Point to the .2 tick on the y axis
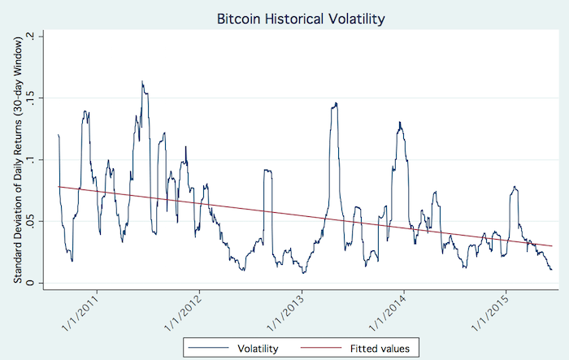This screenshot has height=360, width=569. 30,37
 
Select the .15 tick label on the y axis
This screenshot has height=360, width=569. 30,98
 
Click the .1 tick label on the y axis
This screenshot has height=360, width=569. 30,160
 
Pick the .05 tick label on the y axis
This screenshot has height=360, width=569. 30,222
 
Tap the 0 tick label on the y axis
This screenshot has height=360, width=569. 30,284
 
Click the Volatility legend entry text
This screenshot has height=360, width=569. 259,348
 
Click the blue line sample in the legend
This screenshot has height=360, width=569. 209,348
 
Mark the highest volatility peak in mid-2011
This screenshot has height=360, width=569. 142,81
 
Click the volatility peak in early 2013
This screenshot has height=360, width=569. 335,103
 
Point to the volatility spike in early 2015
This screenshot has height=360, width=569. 515,187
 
